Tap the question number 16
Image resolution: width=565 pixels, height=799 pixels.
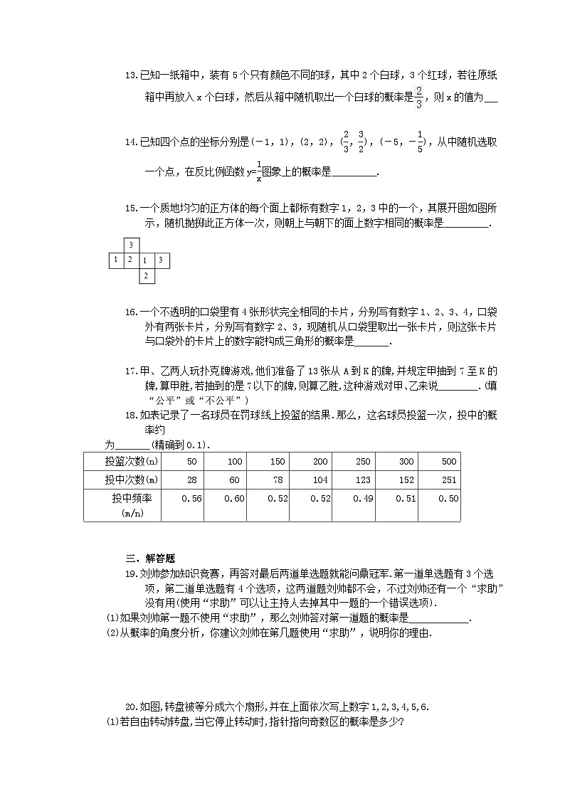[x=130, y=312]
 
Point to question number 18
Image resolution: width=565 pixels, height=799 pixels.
[x=130, y=415]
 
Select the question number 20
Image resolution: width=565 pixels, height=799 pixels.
[x=130, y=707]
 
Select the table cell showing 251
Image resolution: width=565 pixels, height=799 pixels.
[x=448, y=480]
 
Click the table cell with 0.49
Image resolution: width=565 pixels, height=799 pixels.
[x=363, y=499]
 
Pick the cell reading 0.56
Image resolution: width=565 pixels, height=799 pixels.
[x=192, y=499]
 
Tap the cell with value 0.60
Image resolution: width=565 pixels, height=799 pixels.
[x=234, y=499]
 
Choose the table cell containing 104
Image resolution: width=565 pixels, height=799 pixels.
[x=320, y=480]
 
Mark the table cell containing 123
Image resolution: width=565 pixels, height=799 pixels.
[x=363, y=480]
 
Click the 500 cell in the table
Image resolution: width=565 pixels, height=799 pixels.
[x=448, y=461]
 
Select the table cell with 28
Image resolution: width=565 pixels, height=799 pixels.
[x=191, y=480]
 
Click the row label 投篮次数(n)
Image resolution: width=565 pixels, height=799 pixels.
[x=122, y=461]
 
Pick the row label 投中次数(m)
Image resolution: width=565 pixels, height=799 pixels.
[x=122, y=480]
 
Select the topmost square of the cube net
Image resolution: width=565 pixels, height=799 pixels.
[x=131, y=245]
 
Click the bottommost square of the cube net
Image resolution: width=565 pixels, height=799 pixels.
[x=145, y=275]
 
